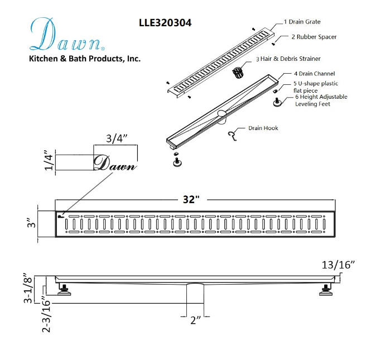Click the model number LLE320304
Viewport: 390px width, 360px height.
coord(165,23)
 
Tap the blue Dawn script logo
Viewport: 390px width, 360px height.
coord(66,35)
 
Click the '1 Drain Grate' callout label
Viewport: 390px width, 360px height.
coord(302,22)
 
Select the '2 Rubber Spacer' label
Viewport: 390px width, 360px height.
coord(314,37)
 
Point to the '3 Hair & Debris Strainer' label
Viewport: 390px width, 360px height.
coord(288,59)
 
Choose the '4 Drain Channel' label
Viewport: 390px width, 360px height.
coord(314,74)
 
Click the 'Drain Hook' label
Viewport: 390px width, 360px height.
coord(263,128)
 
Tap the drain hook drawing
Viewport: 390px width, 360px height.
coord(232,136)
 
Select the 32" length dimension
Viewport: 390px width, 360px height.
coord(191,199)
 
